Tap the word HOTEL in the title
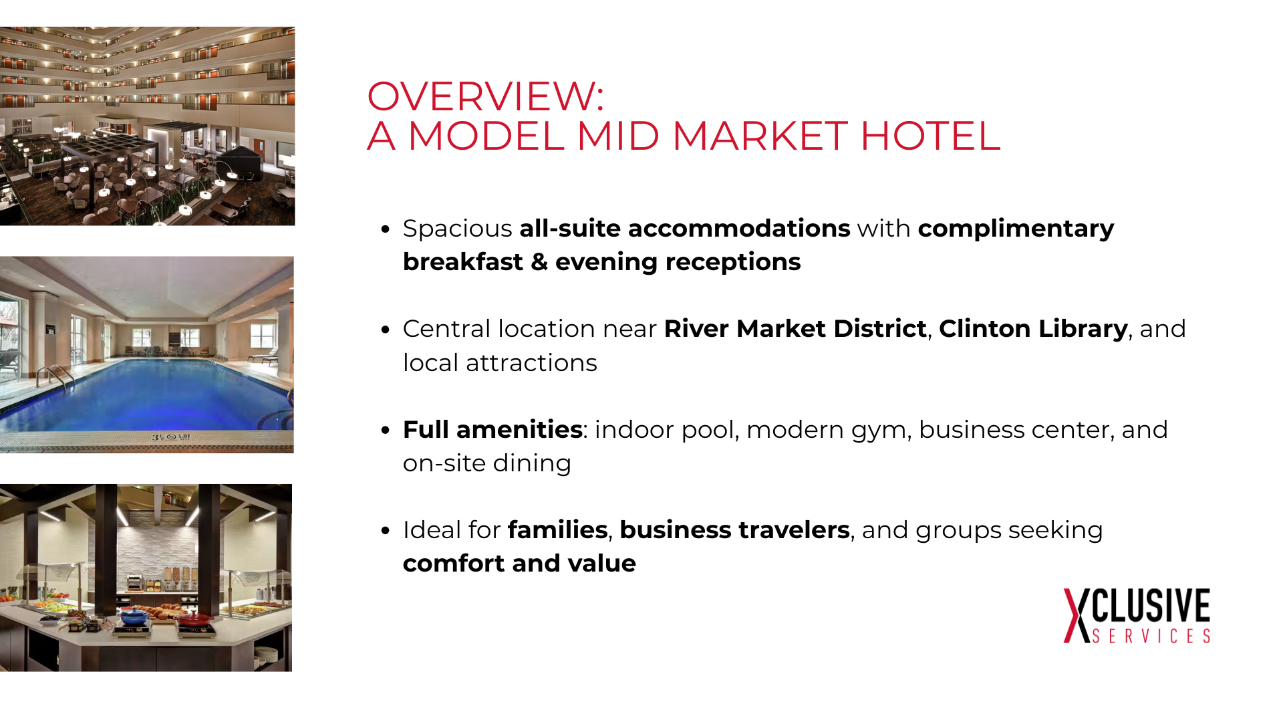click(930, 136)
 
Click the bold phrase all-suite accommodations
click(685, 229)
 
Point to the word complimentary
click(1016, 229)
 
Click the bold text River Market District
click(795, 329)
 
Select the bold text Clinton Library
click(1033, 329)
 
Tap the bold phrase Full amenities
click(492, 429)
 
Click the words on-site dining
click(487, 463)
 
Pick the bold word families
click(558, 529)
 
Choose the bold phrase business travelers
click(734, 529)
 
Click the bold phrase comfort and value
click(519, 563)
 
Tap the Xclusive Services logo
click(1137, 616)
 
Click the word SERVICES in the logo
click(1151, 636)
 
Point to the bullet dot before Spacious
click(385, 229)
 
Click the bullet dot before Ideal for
click(385, 531)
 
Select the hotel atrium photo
click(147, 126)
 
